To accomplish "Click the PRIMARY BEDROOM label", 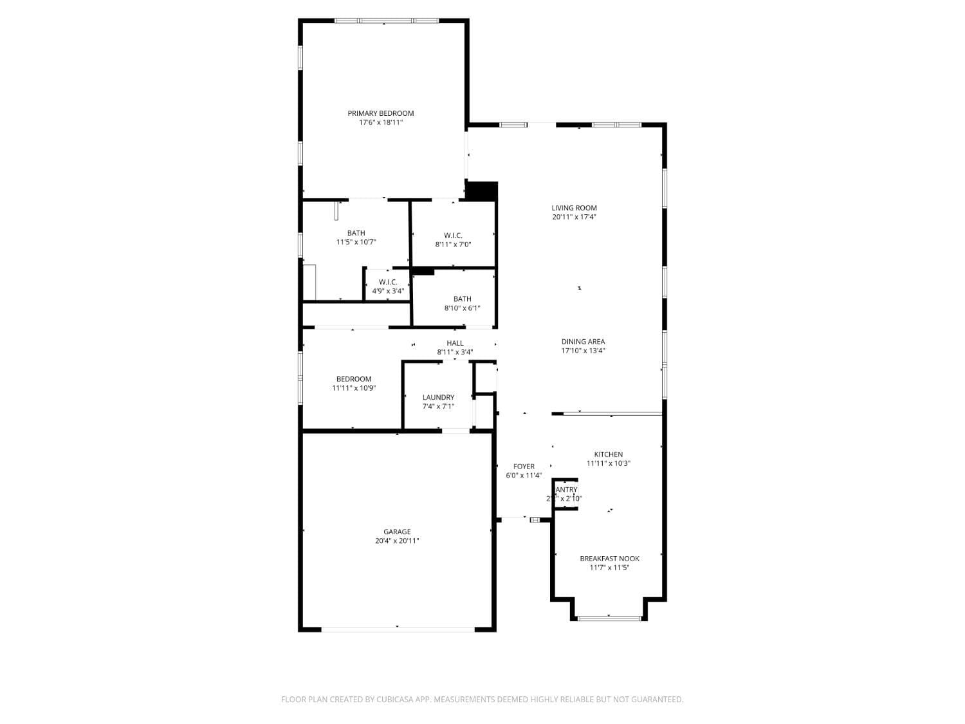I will pos(381,113).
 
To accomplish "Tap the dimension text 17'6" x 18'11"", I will pos(381,122).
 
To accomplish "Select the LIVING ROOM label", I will pos(574,208).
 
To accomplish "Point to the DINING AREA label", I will pos(583,342).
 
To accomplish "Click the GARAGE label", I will pos(397,532).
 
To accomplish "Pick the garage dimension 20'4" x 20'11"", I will pos(397,541).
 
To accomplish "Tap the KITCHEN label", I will pos(608,454).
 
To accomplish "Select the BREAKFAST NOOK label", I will pos(609,559).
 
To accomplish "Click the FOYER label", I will pos(524,467).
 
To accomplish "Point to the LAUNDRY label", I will pos(438,398).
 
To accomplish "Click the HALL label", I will pos(455,343).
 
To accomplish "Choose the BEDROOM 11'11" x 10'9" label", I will pos(354,379).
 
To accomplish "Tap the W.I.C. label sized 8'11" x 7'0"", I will pos(453,236).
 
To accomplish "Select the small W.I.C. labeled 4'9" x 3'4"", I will pos(388,283).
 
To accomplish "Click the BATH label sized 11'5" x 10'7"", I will pos(356,233).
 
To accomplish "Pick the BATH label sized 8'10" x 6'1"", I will pos(462,299).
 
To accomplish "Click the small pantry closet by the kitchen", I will pos(565,494).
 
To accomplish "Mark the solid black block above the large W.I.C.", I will pos(481,191).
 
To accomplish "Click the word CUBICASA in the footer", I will pos(394,700).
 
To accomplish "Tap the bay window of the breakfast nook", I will pos(609,618).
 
